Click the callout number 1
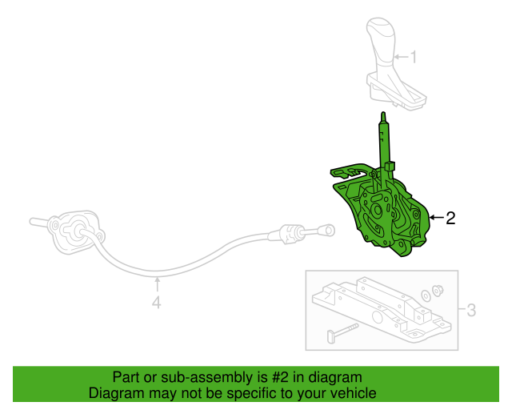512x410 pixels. pyautogui.click(x=414, y=57)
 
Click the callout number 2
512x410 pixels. pyautogui.click(x=450, y=218)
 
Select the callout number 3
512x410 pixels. pyautogui.click(x=471, y=309)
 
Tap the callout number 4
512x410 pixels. pyautogui.click(x=157, y=303)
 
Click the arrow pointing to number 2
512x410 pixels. pyautogui.click(x=435, y=218)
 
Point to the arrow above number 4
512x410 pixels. pyautogui.click(x=157, y=283)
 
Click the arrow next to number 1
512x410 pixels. pyautogui.click(x=402, y=57)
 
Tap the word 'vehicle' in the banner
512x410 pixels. pyautogui.click(x=353, y=394)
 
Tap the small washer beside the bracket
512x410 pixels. pyautogui.click(x=426, y=295)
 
